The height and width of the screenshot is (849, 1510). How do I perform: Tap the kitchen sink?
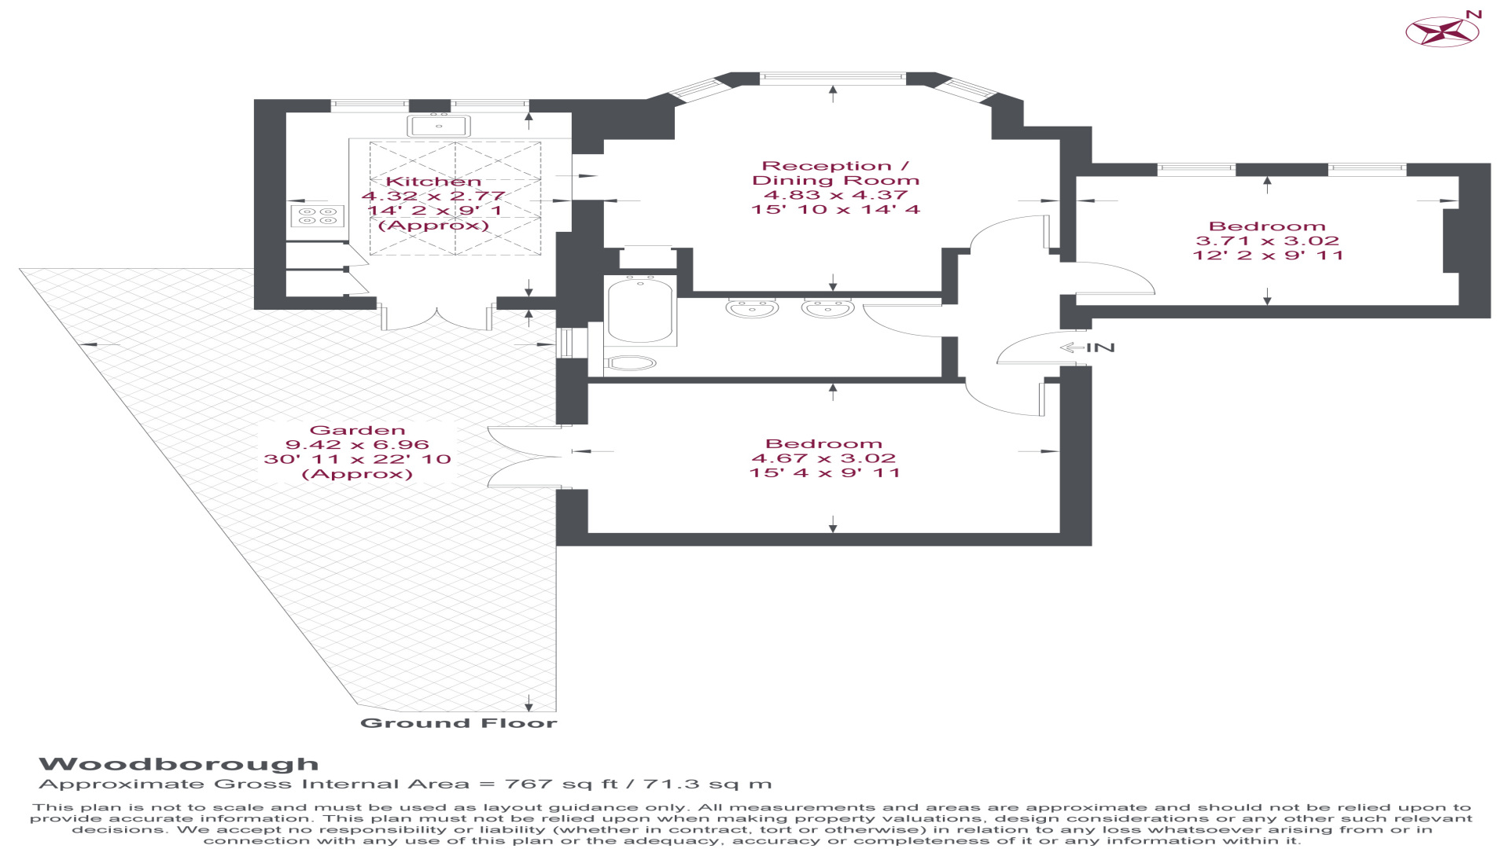click(x=439, y=125)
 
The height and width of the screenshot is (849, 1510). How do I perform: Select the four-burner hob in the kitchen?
click(x=318, y=215)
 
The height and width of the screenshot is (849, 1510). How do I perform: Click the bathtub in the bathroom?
click(x=640, y=309)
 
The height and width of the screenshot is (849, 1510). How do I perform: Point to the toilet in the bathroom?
click(x=632, y=362)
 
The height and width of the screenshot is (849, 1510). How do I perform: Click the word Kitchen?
click(x=433, y=182)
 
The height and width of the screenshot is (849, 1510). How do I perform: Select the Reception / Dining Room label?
click(x=835, y=173)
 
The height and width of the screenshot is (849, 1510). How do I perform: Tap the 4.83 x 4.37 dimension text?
click(x=835, y=195)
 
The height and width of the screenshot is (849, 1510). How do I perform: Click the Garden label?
click(x=358, y=430)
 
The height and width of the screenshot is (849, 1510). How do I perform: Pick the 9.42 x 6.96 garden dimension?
click(x=358, y=445)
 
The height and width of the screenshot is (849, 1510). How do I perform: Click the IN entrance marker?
click(x=1088, y=347)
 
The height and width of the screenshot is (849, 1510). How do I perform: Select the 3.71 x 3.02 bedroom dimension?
click(x=1267, y=241)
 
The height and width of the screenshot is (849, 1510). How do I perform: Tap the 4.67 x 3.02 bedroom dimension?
click(x=824, y=458)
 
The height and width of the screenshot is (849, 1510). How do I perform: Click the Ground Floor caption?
click(x=459, y=723)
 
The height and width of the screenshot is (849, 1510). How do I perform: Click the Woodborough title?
click(x=179, y=764)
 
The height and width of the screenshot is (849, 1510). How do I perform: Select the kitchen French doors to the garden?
click(x=437, y=314)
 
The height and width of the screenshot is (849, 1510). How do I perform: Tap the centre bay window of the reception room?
click(x=833, y=77)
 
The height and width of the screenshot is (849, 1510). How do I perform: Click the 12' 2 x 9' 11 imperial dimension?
click(x=1268, y=255)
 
